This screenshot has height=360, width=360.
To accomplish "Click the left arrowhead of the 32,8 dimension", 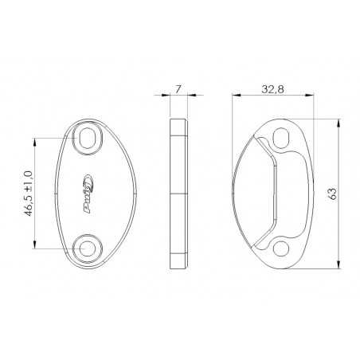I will click(x=234, y=94).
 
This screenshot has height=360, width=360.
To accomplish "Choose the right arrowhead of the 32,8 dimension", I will click(x=310, y=94).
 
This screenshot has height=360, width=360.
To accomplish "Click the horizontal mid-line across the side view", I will click(x=178, y=194).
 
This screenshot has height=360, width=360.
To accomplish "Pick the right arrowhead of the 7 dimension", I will click(x=188, y=94).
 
